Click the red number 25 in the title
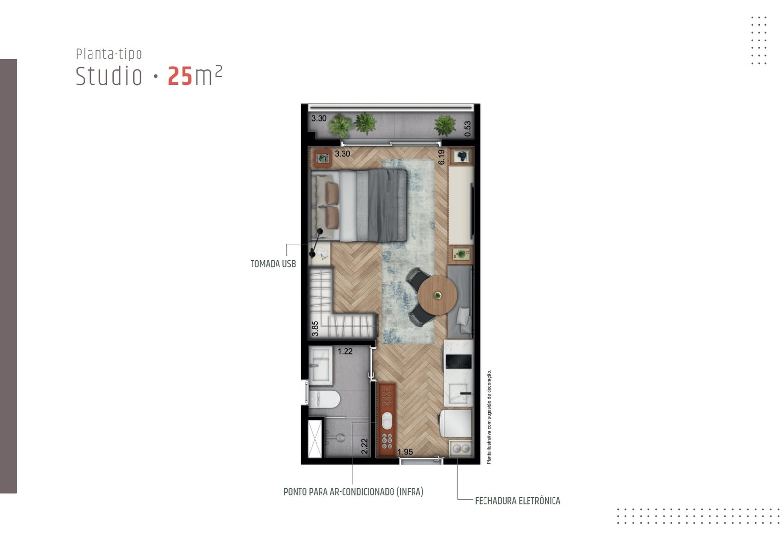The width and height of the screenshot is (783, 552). [180, 76]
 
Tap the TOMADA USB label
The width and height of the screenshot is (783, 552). [273, 264]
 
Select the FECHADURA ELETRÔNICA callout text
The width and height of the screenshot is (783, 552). [517, 501]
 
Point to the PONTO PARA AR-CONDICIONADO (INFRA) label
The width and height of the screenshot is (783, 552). [353, 492]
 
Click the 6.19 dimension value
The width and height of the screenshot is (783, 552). [441, 157]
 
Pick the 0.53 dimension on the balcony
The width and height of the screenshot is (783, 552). [468, 129]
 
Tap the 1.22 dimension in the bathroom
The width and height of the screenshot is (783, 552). [345, 351]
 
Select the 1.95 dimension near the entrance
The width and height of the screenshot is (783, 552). [405, 452]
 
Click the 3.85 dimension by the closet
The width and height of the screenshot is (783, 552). [315, 329]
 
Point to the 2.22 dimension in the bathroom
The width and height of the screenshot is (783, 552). [364, 446]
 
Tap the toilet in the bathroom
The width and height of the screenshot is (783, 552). [324, 399]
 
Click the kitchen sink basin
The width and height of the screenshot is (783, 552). [458, 393]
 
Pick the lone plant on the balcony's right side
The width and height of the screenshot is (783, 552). [445, 125]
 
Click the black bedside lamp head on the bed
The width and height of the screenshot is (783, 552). [320, 230]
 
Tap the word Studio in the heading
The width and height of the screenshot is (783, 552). [109, 76]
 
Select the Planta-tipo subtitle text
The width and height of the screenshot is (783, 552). [109, 54]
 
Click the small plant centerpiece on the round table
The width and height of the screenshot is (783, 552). [438, 296]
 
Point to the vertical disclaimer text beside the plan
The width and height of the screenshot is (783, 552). [489, 417]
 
